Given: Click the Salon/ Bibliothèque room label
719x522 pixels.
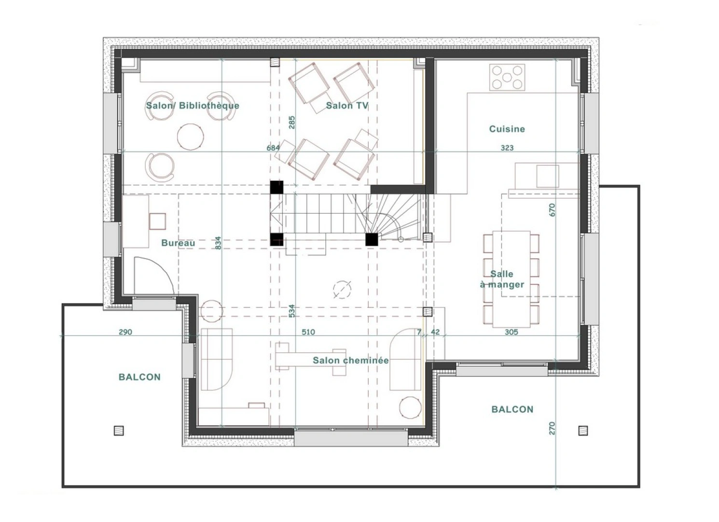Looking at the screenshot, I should (193, 105).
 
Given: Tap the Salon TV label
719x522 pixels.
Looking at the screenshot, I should (347, 105).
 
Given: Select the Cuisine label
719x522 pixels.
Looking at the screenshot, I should (507, 129).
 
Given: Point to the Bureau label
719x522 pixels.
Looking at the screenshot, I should (178, 243).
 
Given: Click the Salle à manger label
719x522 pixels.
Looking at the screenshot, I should (502, 279).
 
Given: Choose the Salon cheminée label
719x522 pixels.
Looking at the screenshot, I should (350, 361).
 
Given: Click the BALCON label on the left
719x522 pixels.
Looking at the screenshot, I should (139, 377).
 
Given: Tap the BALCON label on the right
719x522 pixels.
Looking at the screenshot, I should (512, 409).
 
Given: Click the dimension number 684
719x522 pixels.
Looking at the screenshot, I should (273, 148).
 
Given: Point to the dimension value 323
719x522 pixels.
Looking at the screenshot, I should (507, 148).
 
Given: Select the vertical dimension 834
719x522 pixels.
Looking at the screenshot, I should (218, 243).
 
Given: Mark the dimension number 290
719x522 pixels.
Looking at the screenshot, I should (125, 332).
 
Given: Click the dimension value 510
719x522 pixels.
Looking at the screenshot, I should (308, 332).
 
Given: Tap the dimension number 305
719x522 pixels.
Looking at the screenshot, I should (511, 332).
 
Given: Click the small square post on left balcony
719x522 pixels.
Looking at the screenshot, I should (119, 430).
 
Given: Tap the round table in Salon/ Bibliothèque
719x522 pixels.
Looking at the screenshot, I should (190, 136).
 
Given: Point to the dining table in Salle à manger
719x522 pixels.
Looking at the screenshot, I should (512, 279).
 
